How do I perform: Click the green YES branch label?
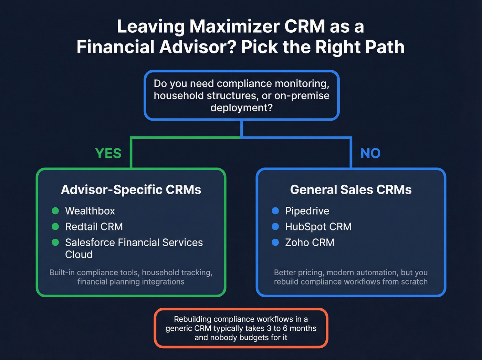click(108, 153)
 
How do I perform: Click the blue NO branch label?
click(370, 153)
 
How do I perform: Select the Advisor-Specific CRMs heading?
click(131, 190)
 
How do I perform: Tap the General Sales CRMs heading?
click(351, 190)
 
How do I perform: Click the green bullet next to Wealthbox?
click(55, 211)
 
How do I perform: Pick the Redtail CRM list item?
click(94, 227)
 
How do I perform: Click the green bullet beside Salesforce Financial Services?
click(55, 243)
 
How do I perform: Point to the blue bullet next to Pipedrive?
click(275, 211)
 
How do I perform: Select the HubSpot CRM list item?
click(318, 227)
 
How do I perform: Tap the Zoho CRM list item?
click(310, 243)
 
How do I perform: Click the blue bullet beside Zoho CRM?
click(275, 243)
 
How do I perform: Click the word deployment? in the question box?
click(241, 108)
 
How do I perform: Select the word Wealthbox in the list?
click(90, 211)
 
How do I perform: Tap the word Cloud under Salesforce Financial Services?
click(79, 255)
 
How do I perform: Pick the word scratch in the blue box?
click(414, 282)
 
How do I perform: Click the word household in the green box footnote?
click(158, 272)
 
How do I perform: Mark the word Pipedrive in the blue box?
click(307, 211)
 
